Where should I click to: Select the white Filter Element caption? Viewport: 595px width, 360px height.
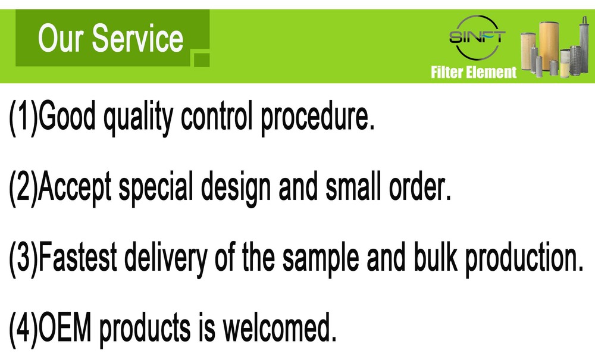click(x=474, y=73)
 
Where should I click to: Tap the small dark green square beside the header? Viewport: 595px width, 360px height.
click(x=202, y=58)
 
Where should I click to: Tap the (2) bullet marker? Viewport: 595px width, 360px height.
click(x=23, y=187)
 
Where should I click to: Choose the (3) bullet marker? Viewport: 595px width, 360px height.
click(x=23, y=258)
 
